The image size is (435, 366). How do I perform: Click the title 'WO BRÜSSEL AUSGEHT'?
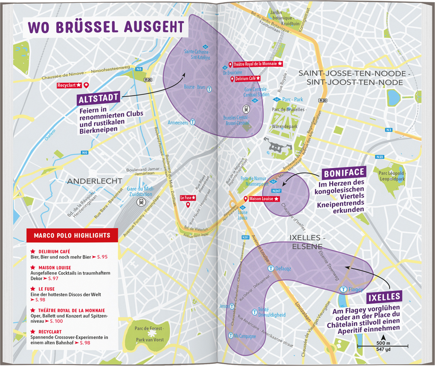106,26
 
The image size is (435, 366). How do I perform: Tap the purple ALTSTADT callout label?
98,99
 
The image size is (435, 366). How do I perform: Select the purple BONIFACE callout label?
344,173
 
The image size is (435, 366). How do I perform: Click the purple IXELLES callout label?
384,297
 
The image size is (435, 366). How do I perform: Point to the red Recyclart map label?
69,85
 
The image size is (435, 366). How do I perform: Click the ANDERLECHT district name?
94,181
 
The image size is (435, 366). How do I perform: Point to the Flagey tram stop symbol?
343,289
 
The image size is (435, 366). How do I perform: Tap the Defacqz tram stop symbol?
270,268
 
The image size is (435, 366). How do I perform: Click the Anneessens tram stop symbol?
192,122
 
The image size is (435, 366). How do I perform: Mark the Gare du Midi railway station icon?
140,203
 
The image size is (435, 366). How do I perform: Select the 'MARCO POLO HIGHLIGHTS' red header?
72,235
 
